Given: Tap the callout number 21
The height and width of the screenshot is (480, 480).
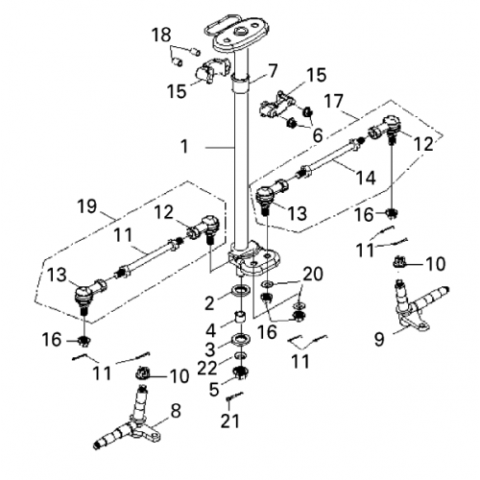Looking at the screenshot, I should click(228, 421).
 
